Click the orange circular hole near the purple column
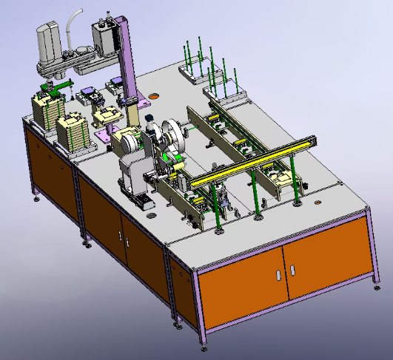pos(154,95)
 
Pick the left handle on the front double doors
pos(278,275)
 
